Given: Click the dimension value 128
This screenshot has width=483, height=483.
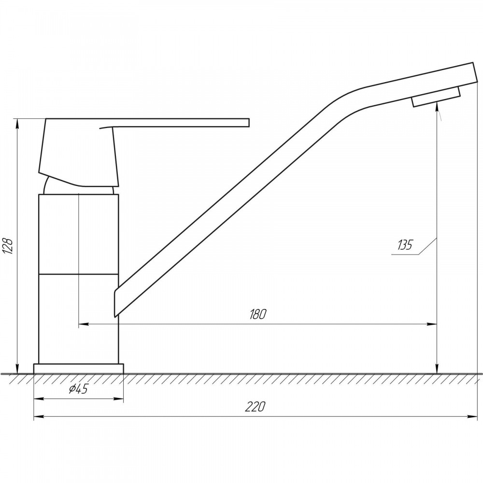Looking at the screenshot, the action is tap(8, 246).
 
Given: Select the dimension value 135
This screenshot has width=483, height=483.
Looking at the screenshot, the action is tap(404, 245).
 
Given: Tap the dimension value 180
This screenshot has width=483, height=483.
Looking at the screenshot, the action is tap(257, 314).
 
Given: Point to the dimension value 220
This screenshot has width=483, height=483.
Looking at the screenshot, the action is tap(255, 407).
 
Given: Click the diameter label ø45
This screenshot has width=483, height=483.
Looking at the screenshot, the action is tap(79, 389).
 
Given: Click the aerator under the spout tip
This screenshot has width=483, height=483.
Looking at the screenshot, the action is tap(436, 97).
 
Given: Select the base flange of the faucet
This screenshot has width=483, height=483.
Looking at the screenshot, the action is tap(78, 369).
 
